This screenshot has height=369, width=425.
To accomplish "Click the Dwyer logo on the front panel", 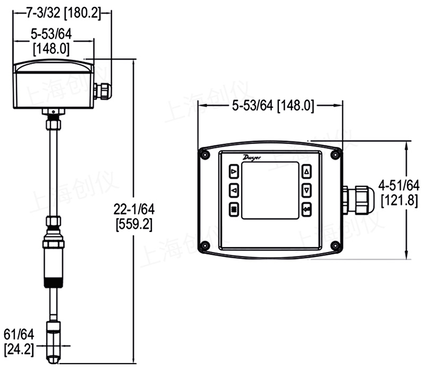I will [x=252, y=157].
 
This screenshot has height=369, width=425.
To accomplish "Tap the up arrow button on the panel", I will [x=307, y=172].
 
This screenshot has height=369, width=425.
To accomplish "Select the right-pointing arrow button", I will [x=234, y=172].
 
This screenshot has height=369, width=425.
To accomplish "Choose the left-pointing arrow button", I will [x=234, y=190].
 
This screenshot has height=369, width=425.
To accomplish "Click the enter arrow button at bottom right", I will [x=307, y=209].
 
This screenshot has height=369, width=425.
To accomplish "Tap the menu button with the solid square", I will [x=234, y=209].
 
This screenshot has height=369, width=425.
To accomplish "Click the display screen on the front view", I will [x=270, y=191].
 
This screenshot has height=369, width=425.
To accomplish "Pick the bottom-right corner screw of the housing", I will [x=335, y=246].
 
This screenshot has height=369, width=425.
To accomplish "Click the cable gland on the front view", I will [x=353, y=199].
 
